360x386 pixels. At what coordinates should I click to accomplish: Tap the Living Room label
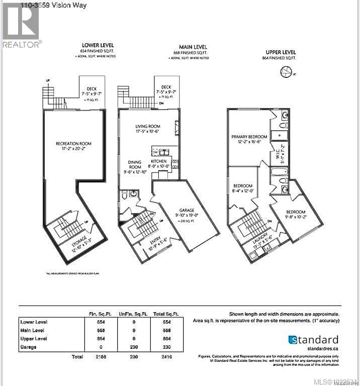pyautogui.click(x=147, y=127)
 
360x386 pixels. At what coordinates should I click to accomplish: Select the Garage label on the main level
pyautogui.click(x=184, y=211)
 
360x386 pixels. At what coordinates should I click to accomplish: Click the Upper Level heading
pyautogui.click(x=280, y=52)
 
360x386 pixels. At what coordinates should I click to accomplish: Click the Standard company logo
pyautogui.click(x=313, y=340)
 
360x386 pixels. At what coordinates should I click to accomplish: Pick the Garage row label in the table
pyautogui.click(x=28, y=347)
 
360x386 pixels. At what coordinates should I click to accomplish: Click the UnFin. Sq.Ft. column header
pyautogui.click(x=130, y=313)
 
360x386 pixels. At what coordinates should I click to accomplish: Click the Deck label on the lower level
pyautogui.click(x=92, y=89)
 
